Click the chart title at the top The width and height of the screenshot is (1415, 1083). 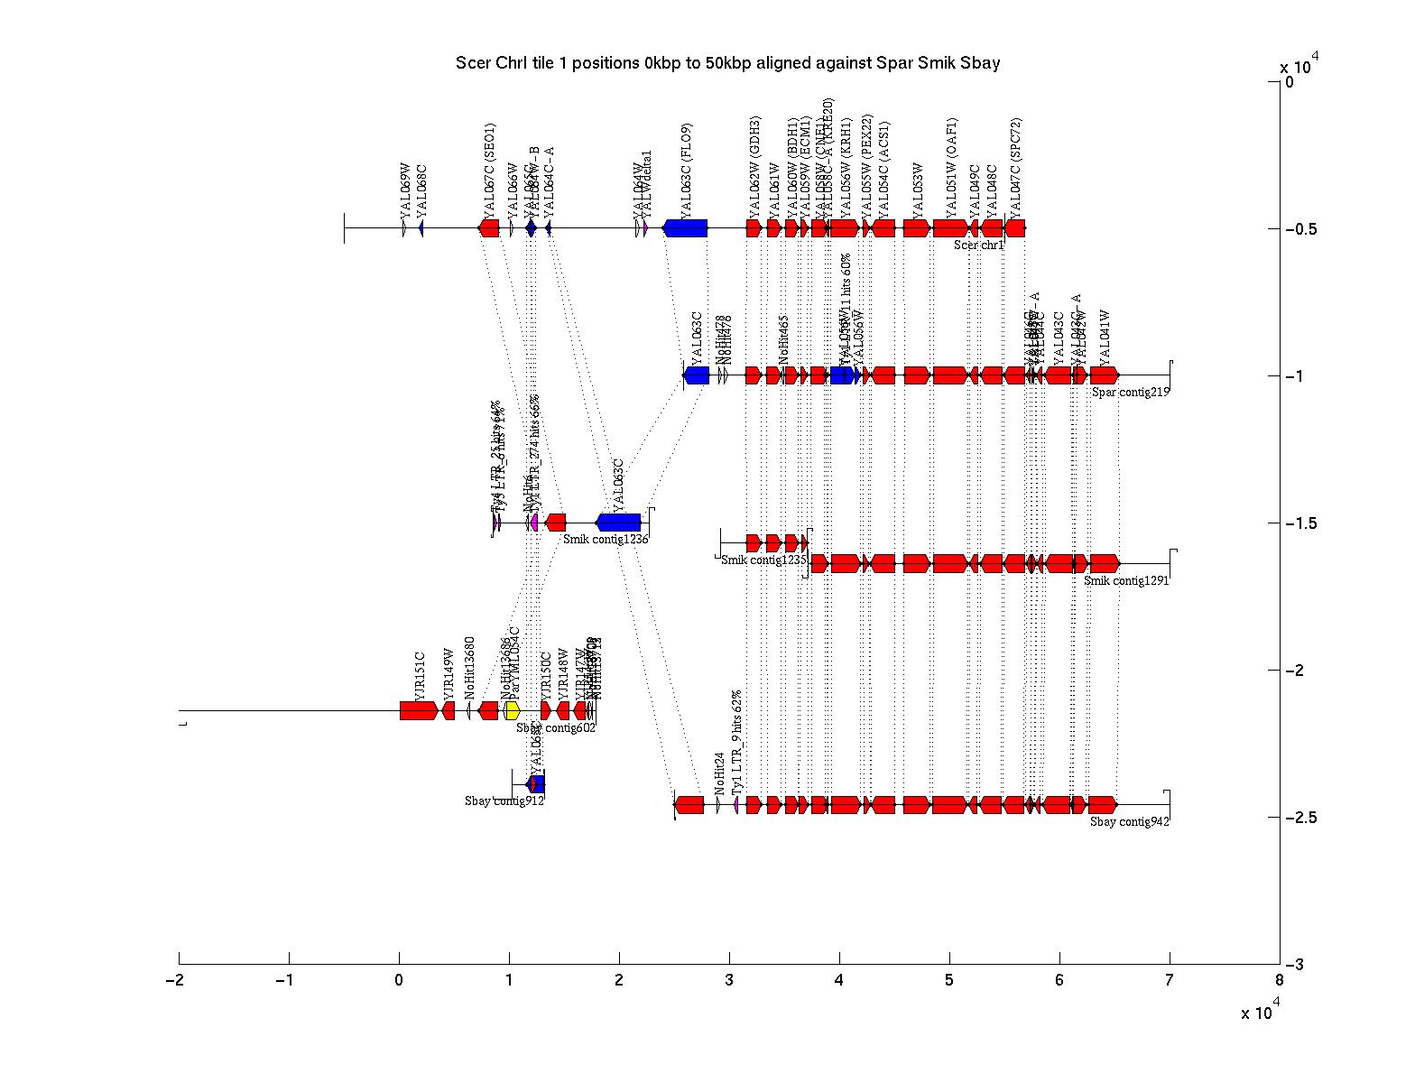click(x=727, y=63)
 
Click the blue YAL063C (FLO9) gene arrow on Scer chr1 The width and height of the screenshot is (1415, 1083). click(x=686, y=228)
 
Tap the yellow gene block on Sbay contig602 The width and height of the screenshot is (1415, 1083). click(x=512, y=711)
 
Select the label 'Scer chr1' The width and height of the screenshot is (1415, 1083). click(x=979, y=245)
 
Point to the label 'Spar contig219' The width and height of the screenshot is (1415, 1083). click(x=1130, y=392)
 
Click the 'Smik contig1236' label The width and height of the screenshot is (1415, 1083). click(x=606, y=539)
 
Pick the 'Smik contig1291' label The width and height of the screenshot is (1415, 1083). click(x=1126, y=581)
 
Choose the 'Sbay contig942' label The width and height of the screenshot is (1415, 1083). click(x=1129, y=822)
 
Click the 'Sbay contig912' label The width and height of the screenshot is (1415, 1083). click(x=504, y=801)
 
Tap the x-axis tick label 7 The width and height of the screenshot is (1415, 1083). click(x=1170, y=982)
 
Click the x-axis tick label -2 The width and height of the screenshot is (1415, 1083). click(x=175, y=982)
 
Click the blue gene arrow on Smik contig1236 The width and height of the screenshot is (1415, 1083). click(x=619, y=523)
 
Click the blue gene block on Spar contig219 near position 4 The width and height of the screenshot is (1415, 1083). click(x=842, y=375)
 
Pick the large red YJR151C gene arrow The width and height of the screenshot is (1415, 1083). click(x=419, y=711)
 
